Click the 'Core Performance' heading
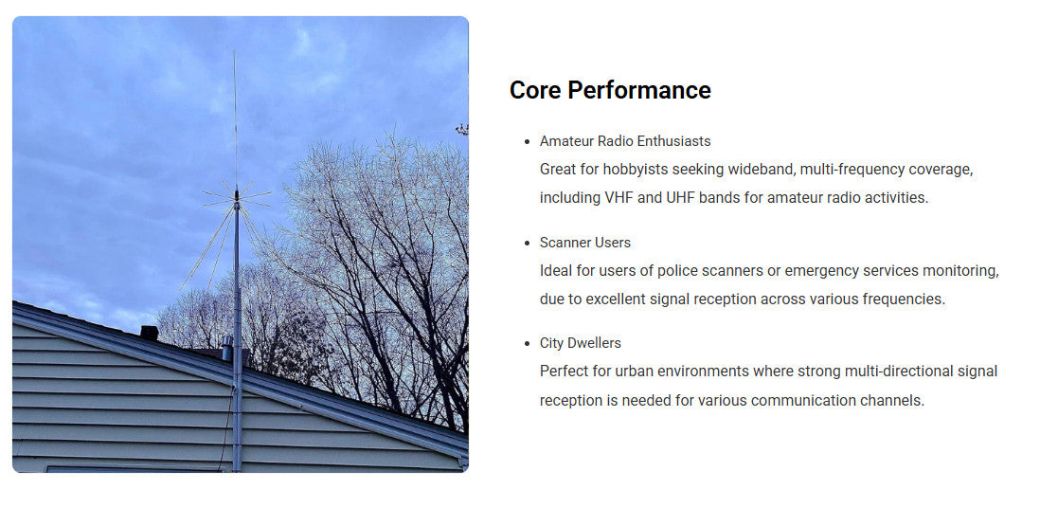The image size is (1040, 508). (x=610, y=90)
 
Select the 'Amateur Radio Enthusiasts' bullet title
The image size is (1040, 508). (x=625, y=141)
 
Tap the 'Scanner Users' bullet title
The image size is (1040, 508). (x=584, y=243)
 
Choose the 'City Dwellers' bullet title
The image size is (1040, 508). (x=580, y=343)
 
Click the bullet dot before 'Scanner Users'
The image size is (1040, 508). (x=526, y=243)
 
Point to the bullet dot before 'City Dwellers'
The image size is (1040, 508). (x=526, y=343)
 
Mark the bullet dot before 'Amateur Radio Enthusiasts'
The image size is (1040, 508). (x=526, y=141)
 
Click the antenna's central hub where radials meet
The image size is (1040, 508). (x=236, y=197)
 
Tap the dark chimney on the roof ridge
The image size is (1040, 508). (x=149, y=333)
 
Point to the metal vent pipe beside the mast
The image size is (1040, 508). (x=227, y=349)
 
